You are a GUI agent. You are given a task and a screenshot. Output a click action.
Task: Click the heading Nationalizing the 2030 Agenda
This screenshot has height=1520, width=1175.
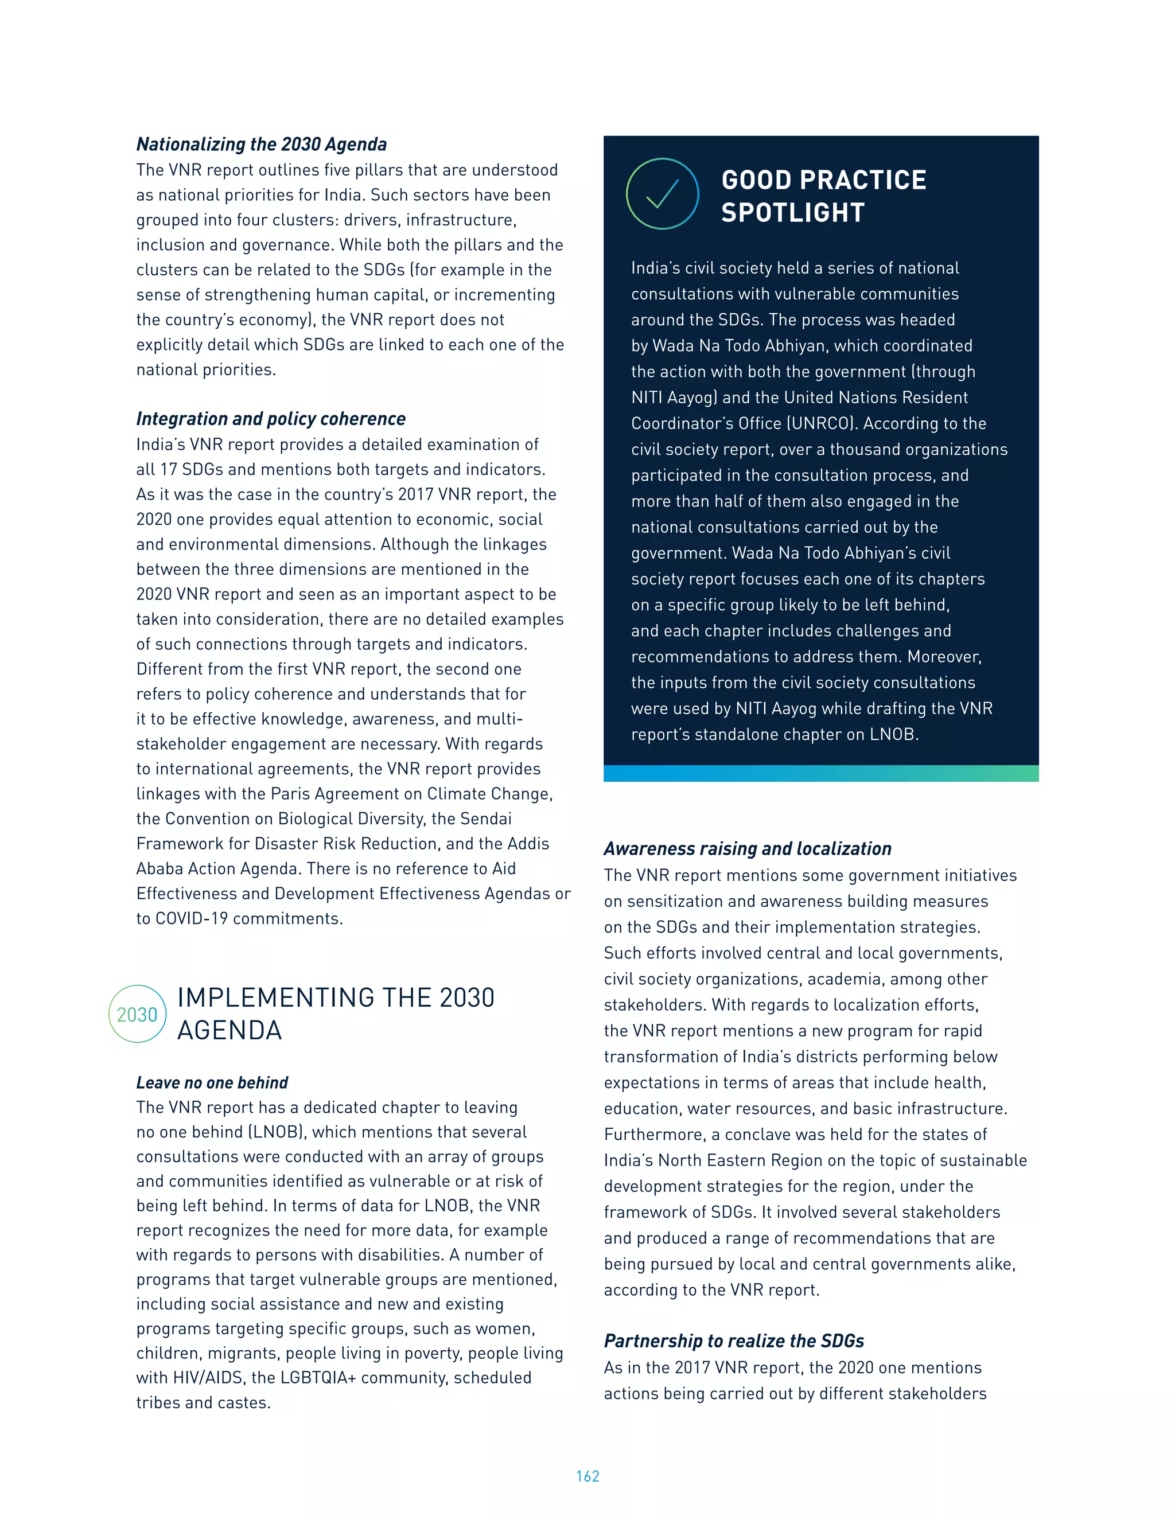coord(261,144)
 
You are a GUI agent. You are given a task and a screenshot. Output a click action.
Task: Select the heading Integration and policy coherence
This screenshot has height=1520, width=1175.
coord(271,418)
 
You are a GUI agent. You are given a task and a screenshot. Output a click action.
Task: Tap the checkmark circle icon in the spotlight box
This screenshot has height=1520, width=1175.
coord(662,194)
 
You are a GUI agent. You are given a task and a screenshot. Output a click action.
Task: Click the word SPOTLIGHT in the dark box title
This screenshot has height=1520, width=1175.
coord(793,212)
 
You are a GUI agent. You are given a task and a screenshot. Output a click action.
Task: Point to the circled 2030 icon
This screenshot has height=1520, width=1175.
coord(137,1014)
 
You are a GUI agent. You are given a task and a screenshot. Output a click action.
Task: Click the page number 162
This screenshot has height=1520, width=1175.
coord(587,1476)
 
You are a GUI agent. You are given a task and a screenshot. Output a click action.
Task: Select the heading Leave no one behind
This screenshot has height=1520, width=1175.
coord(212,1082)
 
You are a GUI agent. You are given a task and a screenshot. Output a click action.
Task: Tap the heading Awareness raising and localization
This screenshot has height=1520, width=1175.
coord(747,848)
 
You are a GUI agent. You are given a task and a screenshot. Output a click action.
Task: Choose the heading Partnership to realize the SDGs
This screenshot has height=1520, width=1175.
coord(734,1340)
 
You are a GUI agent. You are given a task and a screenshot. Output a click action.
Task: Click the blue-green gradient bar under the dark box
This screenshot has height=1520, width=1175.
coord(820,773)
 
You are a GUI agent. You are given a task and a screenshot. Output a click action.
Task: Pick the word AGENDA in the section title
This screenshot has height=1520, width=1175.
coord(229,1030)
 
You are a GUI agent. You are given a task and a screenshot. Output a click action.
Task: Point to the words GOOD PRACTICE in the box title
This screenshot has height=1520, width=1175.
coord(823,180)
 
